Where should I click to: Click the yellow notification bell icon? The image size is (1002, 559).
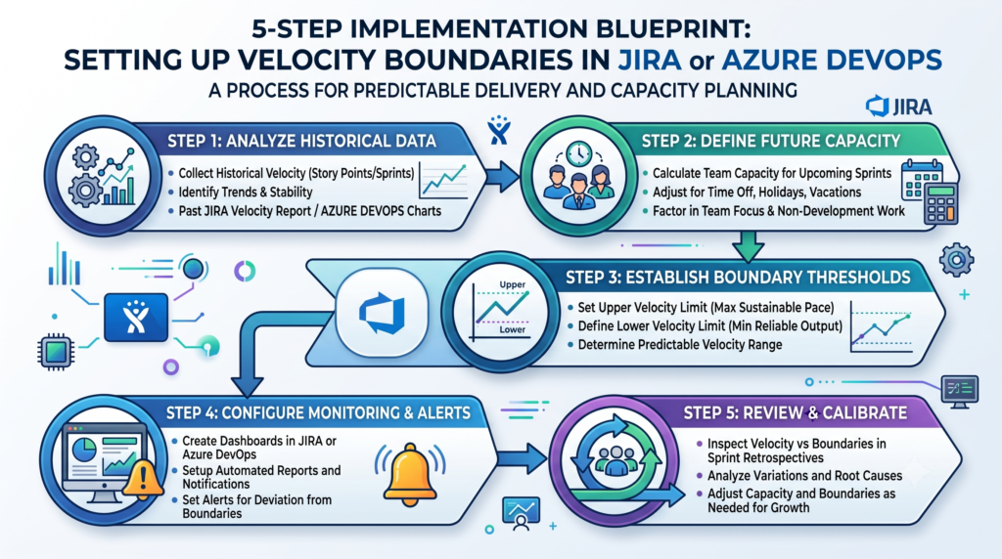[x=410, y=475]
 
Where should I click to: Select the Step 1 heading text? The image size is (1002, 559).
[x=301, y=141]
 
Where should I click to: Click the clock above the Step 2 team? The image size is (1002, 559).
[x=578, y=153]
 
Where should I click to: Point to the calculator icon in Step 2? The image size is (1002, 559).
[x=941, y=203]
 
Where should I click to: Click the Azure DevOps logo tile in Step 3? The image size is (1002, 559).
[x=382, y=312]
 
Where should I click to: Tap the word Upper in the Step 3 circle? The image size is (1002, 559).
[x=513, y=284]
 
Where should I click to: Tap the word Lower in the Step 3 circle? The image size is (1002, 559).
[x=513, y=329]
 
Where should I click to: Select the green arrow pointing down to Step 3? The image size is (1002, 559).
[x=748, y=246]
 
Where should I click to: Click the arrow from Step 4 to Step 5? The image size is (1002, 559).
[x=523, y=457]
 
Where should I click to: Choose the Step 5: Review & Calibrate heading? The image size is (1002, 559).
[x=795, y=412]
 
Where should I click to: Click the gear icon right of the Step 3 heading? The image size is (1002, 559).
[x=957, y=260]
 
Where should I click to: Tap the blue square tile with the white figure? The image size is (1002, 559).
[x=136, y=318]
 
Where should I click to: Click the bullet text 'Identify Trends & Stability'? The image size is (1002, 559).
[x=246, y=193]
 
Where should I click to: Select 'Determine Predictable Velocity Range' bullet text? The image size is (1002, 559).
[x=680, y=345]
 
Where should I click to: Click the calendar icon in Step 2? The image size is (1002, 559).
[x=922, y=178]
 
